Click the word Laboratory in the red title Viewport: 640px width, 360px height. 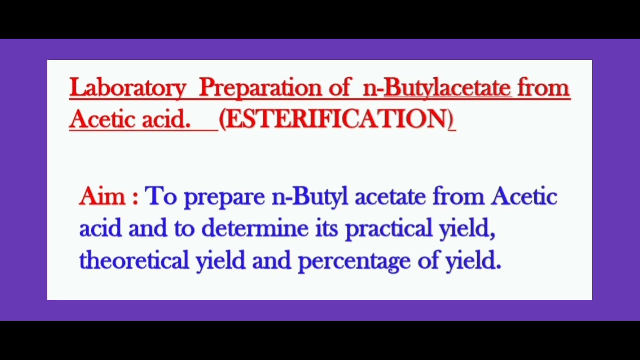click(127, 88)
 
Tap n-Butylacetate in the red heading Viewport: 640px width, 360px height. click(437, 88)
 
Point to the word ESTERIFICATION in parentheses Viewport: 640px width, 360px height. click(336, 119)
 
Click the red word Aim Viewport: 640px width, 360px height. click(102, 196)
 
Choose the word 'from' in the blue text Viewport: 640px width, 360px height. click(458, 196)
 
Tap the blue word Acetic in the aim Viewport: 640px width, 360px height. click(524, 196)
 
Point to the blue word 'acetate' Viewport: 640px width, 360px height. click(390, 196)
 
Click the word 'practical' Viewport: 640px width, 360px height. click(389, 228)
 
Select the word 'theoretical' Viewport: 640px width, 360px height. click(134, 260)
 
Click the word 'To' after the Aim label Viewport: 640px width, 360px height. click(160, 196)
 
